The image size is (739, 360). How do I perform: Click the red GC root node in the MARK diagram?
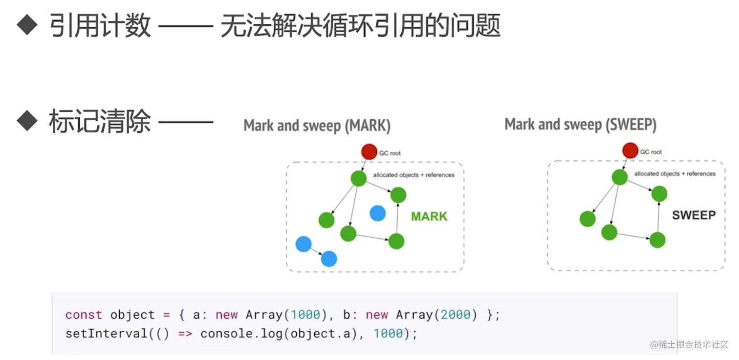[369, 152]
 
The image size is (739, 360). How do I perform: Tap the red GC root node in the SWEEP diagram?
[630, 150]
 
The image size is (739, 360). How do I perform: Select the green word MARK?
[429, 216]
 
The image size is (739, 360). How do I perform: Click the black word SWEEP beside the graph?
[694, 215]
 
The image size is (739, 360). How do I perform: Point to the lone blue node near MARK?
[377, 213]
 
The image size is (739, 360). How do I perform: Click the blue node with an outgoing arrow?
[304, 243]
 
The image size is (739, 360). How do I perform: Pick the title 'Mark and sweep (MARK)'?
[317, 126]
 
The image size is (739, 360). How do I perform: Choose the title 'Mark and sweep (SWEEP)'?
[580, 124]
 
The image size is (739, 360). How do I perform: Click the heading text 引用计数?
[100, 25]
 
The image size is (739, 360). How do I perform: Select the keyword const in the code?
[84, 315]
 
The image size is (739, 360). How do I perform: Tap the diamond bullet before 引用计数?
[27, 25]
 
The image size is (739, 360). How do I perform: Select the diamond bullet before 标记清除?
[27, 120]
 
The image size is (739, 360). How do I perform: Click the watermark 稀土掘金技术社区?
[694, 344]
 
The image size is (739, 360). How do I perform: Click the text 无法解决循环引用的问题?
[360, 25]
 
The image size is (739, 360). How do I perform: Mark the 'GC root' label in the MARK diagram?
[390, 153]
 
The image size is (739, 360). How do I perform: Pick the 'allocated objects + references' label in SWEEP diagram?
[674, 173]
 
